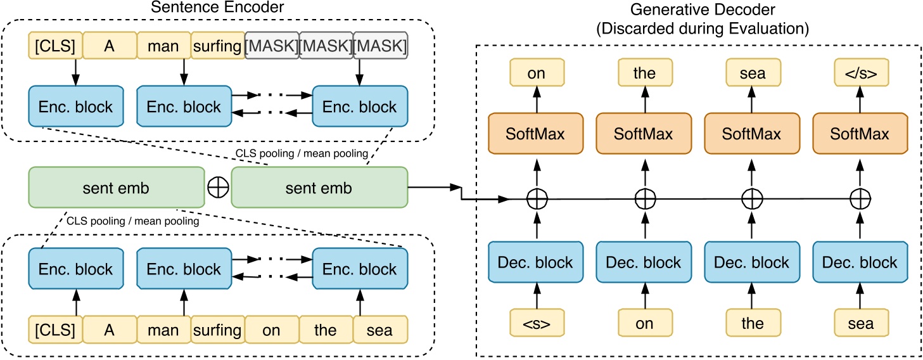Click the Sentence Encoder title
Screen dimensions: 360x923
tap(218, 8)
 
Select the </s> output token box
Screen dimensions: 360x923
tap(860, 73)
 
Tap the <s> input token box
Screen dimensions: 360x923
tap(536, 323)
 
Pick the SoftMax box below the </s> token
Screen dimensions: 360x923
tap(860, 134)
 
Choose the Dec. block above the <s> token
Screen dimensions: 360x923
tap(536, 262)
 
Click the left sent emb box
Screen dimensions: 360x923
tap(115, 188)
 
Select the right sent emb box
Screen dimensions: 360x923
tap(318, 188)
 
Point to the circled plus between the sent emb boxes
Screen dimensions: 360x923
tap(217, 188)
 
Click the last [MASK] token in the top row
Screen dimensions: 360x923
tap(380, 46)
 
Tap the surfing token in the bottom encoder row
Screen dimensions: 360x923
tap(217, 330)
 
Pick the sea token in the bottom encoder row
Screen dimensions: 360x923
tap(380, 330)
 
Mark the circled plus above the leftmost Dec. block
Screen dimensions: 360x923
tap(537, 200)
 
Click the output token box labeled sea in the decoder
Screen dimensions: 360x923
tap(752, 73)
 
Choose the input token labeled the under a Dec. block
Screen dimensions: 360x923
tap(752, 323)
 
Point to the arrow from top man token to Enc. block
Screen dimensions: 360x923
tap(184, 71)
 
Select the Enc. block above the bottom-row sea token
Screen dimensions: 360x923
tap(360, 269)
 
